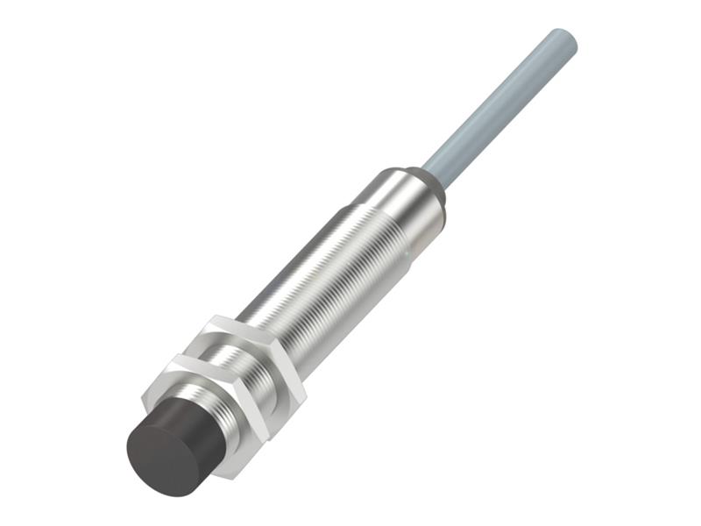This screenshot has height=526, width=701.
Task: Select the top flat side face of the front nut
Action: [188, 360]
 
